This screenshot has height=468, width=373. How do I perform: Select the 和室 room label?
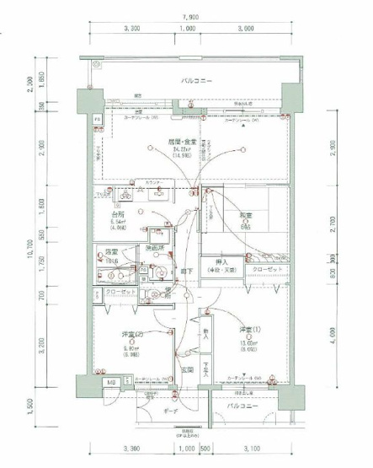[246, 215]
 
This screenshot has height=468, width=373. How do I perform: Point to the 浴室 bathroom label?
[110, 252]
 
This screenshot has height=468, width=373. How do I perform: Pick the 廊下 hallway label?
[184, 271]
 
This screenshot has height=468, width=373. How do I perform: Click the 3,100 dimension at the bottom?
[249, 448]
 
